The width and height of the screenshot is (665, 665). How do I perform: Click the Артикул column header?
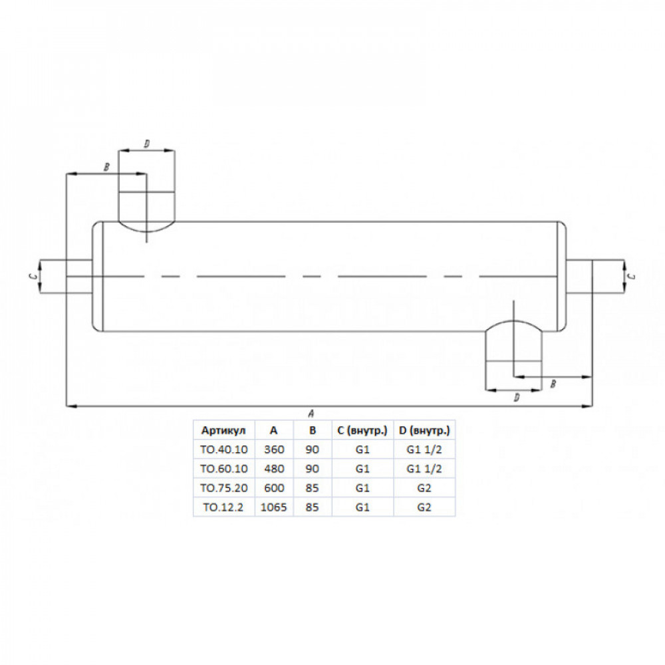pyautogui.click(x=223, y=430)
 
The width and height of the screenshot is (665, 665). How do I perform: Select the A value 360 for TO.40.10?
pyautogui.click(x=273, y=450)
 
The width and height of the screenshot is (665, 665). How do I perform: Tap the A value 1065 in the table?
pyautogui.click(x=273, y=507)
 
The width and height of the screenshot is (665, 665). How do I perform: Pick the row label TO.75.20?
pyautogui.click(x=224, y=488)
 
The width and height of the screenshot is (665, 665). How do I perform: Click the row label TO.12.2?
pyautogui.click(x=223, y=507)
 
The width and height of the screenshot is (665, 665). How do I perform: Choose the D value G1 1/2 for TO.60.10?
pyautogui.click(x=424, y=469)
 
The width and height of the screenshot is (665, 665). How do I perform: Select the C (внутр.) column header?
pyautogui.click(x=362, y=430)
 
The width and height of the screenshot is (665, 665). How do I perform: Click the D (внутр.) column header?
pyautogui.click(x=424, y=430)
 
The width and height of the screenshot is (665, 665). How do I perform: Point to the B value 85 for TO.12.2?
pyautogui.click(x=312, y=507)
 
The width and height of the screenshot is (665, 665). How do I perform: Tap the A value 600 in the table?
pyautogui.click(x=274, y=488)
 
